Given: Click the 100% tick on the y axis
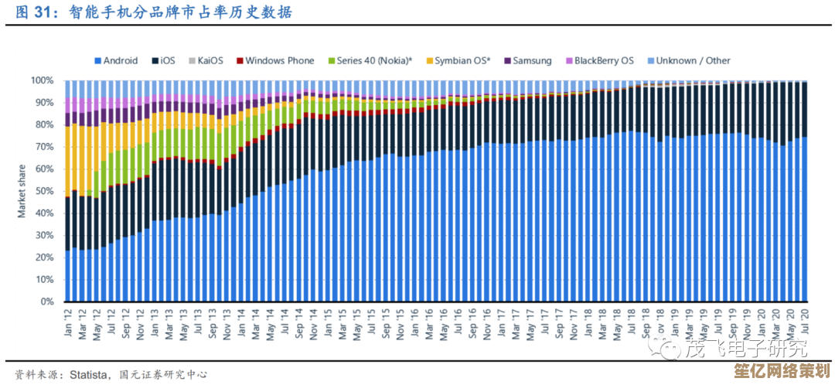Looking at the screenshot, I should (x=42, y=80).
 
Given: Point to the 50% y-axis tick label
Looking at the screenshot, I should (x=44, y=191).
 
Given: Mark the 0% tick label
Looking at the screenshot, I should (x=47, y=302).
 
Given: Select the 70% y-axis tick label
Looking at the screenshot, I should (x=44, y=147).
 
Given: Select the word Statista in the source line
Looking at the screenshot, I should (x=87, y=374).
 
